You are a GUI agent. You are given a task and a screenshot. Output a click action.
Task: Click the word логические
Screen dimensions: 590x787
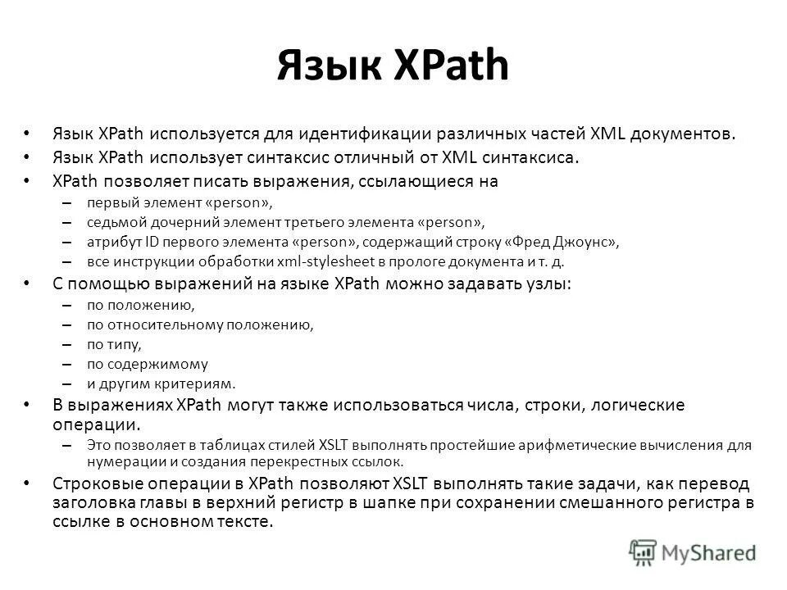pos(635,406)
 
